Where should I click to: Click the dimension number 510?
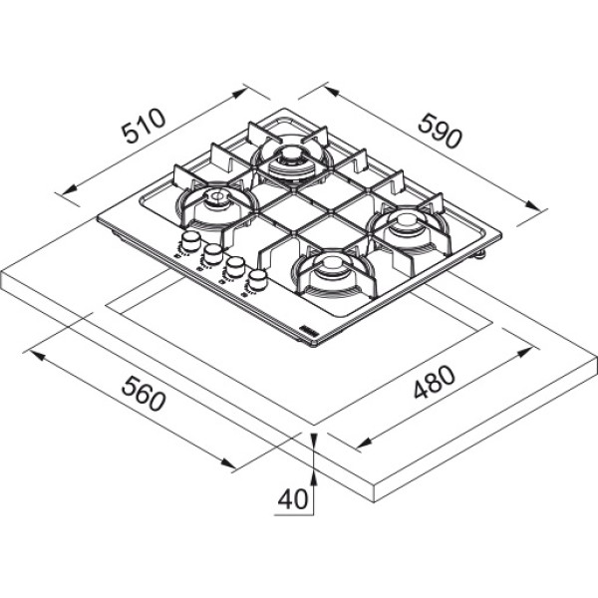(144, 126)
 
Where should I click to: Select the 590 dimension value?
(440, 131)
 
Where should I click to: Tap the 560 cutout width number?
(144, 394)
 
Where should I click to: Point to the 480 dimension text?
(435, 382)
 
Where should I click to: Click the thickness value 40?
(292, 499)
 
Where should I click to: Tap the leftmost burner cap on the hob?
(217, 197)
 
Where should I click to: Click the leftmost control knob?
(190, 240)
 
